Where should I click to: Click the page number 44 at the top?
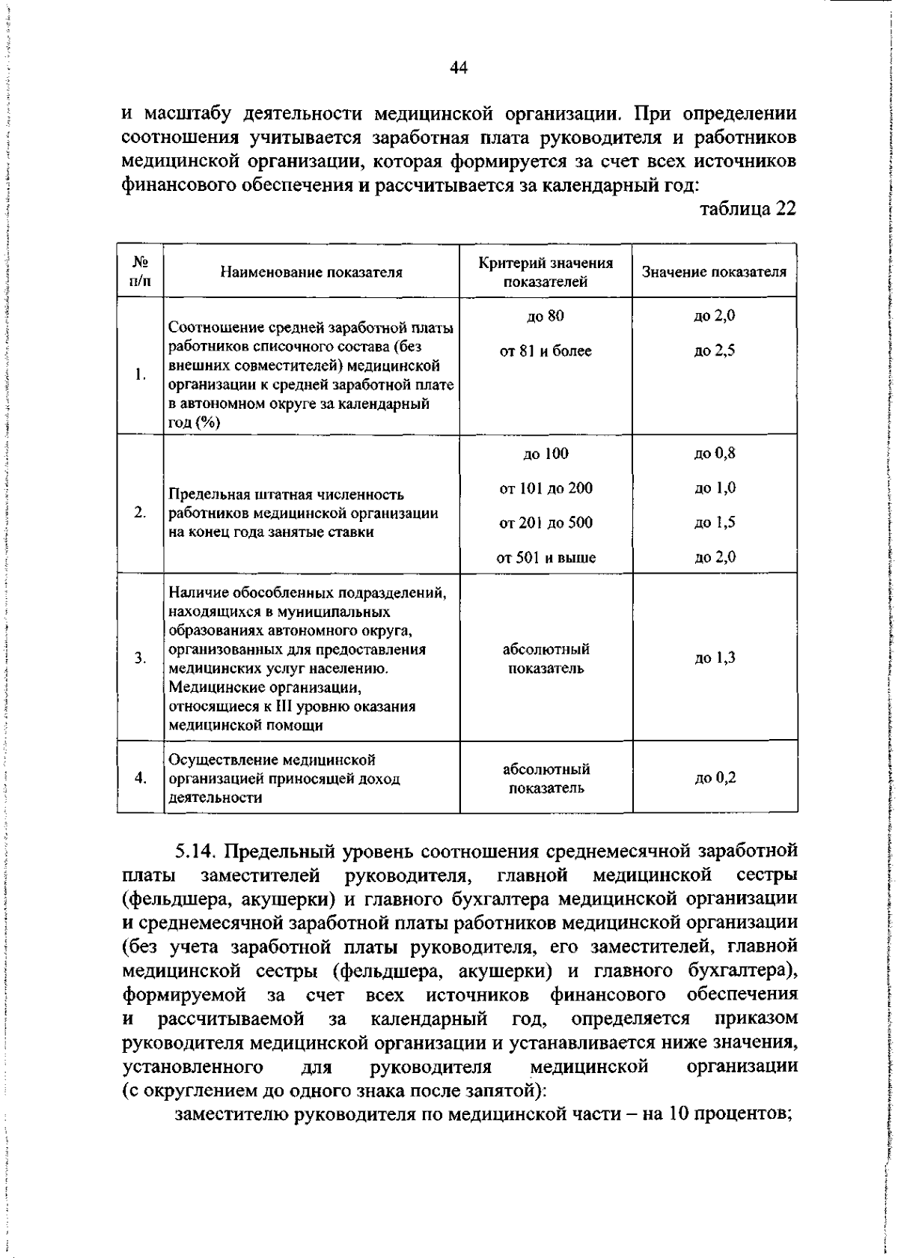(458, 68)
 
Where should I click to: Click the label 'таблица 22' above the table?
(748, 208)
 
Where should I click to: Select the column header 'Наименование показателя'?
(311, 273)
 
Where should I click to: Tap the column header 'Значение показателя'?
(714, 272)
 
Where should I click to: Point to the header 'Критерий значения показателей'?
(546, 273)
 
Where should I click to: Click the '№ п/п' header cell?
(140, 273)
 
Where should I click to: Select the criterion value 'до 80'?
(546, 316)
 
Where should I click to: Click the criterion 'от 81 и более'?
(546, 351)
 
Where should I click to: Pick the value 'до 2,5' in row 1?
(714, 351)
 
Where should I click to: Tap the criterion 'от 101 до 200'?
(546, 489)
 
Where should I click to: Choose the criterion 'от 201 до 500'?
(546, 523)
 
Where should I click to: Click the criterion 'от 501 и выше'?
(546, 558)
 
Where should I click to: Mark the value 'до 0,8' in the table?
(714, 454)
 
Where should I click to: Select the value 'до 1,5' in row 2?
(714, 523)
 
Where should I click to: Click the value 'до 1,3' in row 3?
(714, 658)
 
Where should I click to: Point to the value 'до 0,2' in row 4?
(714, 779)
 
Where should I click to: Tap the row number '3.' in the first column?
(140, 658)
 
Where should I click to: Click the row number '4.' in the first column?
(140, 779)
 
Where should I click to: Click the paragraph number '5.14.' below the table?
(196, 852)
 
